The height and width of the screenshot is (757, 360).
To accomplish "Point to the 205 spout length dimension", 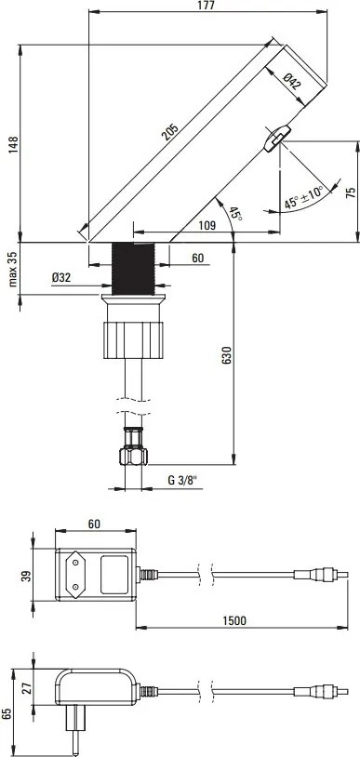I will pos(170,133).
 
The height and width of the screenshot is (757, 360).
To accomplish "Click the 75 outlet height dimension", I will pos(350,192).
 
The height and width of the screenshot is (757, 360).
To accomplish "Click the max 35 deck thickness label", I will pos(11,269).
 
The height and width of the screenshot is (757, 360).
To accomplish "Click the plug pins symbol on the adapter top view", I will pos(77,569).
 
